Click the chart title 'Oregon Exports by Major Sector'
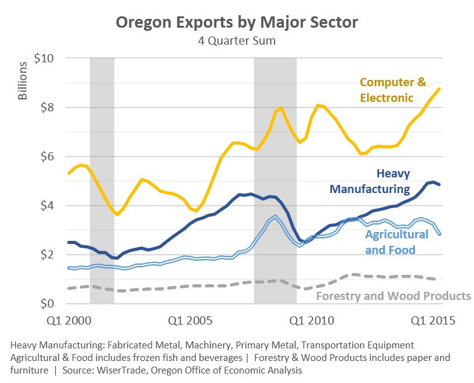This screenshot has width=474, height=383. [237, 23]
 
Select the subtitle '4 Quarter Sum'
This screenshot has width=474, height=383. [237, 41]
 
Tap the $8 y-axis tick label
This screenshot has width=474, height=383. [47, 108]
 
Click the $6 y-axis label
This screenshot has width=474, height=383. [47, 157]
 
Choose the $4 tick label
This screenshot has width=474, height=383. [47, 206]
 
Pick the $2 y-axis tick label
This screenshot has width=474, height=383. [47, 255]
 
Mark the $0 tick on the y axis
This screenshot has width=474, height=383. [47, 303]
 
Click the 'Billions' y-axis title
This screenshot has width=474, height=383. [23, 80]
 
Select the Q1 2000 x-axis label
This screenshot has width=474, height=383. [69, 321]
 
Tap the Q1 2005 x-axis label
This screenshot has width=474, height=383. [190, 321]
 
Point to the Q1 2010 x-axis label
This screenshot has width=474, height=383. [312, 321]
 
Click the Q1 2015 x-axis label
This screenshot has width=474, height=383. [433, 321]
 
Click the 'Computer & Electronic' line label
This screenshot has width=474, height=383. [393, 90]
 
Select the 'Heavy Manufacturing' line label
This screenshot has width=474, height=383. [370, 181]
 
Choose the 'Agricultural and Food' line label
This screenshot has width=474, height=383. [397, 242]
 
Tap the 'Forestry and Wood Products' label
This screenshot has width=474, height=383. [394, 296]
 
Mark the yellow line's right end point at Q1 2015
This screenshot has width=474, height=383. [439, 89]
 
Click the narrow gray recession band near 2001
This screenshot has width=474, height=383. [102, 180]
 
